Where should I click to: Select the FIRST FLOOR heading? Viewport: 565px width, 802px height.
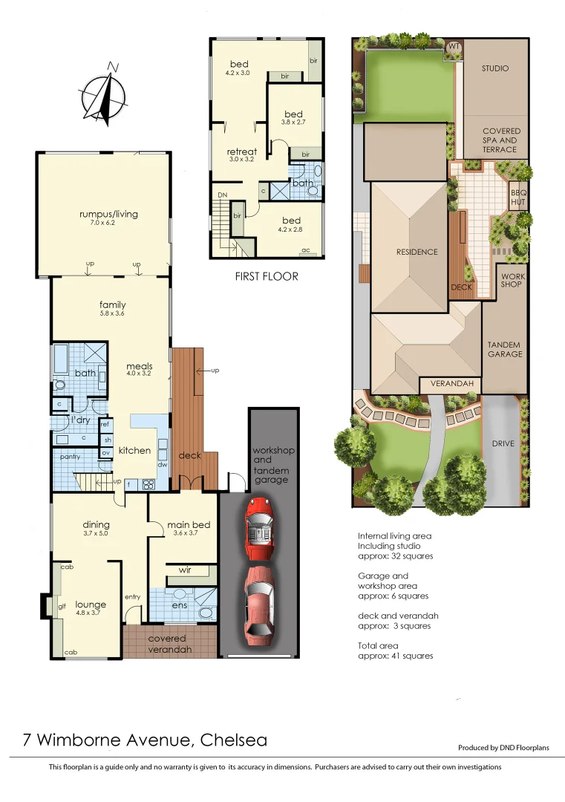(x=266, y=276)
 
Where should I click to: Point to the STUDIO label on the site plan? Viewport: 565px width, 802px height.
(x=495, y=68)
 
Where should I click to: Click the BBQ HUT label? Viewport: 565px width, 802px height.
(x=517, y=197)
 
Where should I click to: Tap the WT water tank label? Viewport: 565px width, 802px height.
(x=454, y=47)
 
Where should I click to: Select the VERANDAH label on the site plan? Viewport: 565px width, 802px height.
(x=451, y=385)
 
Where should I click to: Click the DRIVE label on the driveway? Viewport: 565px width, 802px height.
(x=503, y=443)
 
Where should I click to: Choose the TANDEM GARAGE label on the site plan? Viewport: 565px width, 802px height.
(x=505, y=349)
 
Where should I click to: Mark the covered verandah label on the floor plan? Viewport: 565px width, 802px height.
(x=167, y=643)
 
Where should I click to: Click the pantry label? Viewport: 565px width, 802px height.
(x=71, y=457)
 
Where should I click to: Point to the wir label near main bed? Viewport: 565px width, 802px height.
(x=185, y=570)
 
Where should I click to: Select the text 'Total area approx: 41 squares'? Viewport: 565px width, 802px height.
(x=394, y=651)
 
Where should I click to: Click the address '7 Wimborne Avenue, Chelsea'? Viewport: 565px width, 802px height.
(x=145, y=740)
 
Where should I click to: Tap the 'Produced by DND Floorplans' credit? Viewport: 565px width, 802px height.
(x=503, y=748)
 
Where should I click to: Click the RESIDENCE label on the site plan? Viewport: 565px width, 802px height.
(x=417, y=252)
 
